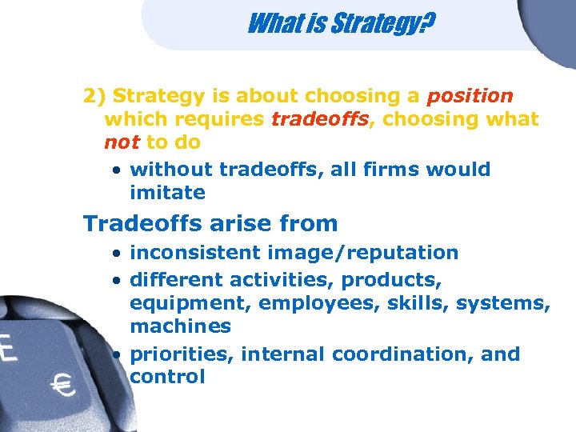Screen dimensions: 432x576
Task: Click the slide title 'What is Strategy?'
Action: pos(341,24)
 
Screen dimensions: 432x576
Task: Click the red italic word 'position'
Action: pos(470,96)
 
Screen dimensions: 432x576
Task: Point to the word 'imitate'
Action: pos(167,193)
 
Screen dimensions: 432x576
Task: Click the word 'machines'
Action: pos(180,326)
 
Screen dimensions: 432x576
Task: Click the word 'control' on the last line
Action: pos(167,377)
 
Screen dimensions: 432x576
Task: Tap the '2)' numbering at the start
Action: pos(94,96)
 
